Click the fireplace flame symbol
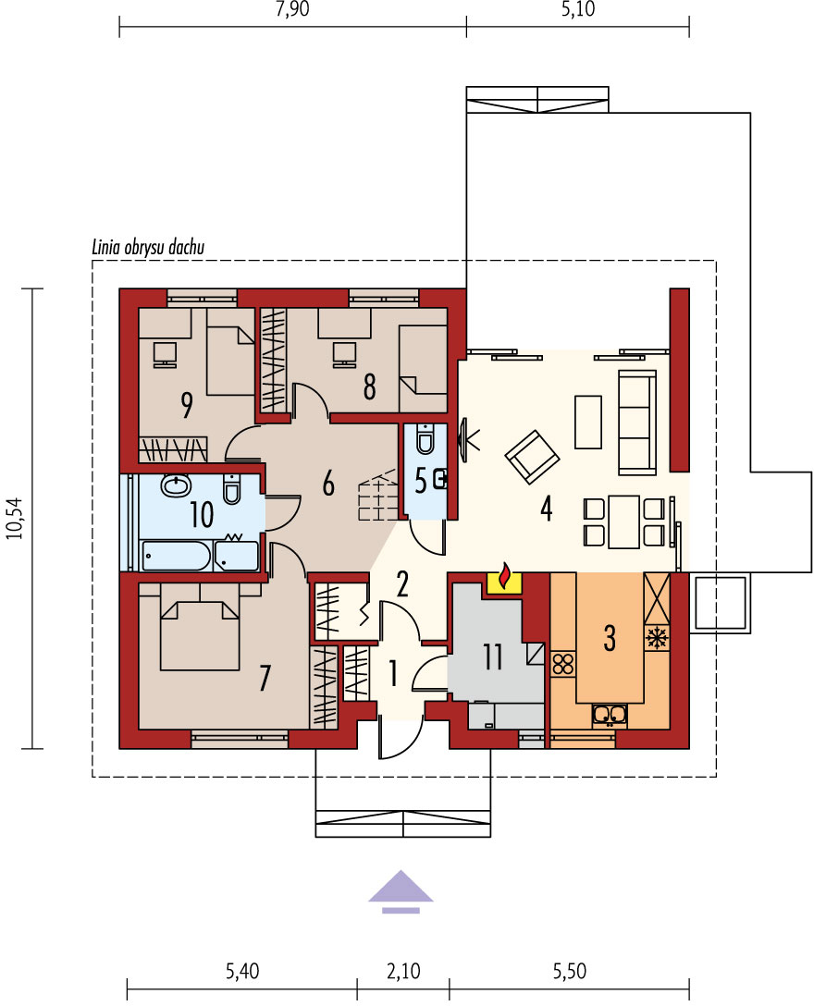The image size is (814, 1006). click(504, 575)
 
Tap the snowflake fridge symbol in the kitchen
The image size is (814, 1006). click(656, 638)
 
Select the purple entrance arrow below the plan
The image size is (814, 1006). click(401, 891)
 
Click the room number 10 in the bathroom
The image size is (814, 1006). click(201, 514)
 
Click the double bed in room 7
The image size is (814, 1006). click(200, 636)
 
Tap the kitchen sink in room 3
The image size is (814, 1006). click(610, 715)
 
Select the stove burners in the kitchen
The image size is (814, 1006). click(563, 663)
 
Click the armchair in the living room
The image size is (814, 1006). click(532, 456)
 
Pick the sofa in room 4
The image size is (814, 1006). click(636, 422)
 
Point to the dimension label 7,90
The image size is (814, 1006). click(292, 9)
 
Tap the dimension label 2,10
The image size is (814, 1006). click(403, 971)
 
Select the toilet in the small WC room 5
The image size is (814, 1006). click(425, 438)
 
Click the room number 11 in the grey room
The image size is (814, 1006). click(493, 656)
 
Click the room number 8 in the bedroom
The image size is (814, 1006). click(369, 386)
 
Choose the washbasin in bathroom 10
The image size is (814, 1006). click(175, 485)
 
